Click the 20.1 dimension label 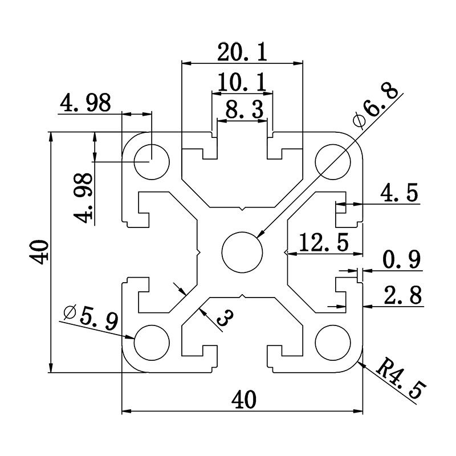pos(242,52)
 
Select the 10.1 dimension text pos(242,83)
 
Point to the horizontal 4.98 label pos(85,103)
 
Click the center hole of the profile pos(242,251)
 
